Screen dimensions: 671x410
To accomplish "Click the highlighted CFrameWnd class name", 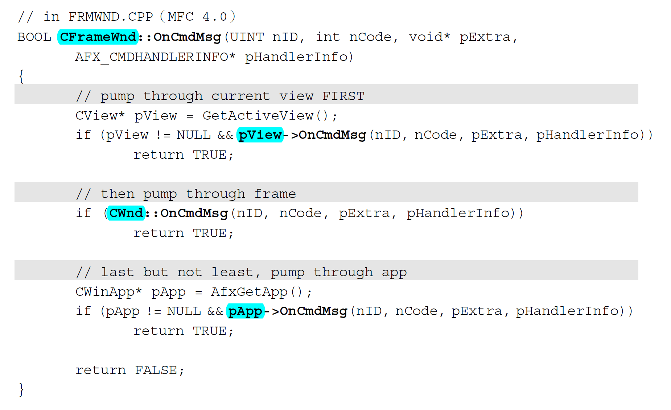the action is (x=98, y=37).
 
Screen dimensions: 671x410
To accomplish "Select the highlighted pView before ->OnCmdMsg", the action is (x=260, y=135).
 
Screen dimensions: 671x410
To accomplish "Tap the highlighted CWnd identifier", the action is (x=126, y=213).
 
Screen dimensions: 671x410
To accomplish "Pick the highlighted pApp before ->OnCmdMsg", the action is (x=245, y=311).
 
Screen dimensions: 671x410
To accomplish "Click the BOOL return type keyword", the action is (x=34, y=37).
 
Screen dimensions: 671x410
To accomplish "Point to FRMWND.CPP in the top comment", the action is (x=111, y=17).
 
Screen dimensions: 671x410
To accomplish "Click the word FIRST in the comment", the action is (x=343, y=96).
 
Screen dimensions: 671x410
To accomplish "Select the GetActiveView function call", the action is (x=258, y=116).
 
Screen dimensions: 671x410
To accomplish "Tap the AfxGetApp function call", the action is (x=249, y=292).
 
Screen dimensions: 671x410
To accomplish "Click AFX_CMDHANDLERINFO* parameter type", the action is (x=155, y=57).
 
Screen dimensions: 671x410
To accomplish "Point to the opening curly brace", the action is (x=21, y=76).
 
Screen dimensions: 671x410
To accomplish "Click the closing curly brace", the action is (x=21, y=390).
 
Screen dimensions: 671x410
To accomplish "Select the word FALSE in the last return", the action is (x=156, y=370).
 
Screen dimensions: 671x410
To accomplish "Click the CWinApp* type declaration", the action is (x=108, y=292).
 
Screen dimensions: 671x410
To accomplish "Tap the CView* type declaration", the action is (x=100, y=116).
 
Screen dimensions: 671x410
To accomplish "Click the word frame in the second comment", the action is (x=275, y=194).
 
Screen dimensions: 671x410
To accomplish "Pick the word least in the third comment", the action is (x=232, y=272).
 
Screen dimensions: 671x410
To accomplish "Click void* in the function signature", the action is (x=429, y=37).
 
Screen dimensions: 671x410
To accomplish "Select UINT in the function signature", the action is (x=247, y=37).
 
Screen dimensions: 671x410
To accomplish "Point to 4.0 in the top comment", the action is (x=214, y=17).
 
